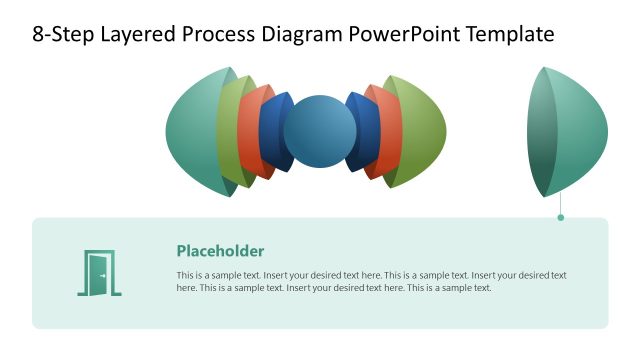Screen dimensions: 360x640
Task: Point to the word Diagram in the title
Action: click(306, 35)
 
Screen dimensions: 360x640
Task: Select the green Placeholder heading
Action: click(220, 251)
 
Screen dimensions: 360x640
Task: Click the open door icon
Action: click(99, 273)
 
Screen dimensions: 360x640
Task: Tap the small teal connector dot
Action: click(561, 217)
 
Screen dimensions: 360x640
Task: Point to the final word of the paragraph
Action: click(480, 288)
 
